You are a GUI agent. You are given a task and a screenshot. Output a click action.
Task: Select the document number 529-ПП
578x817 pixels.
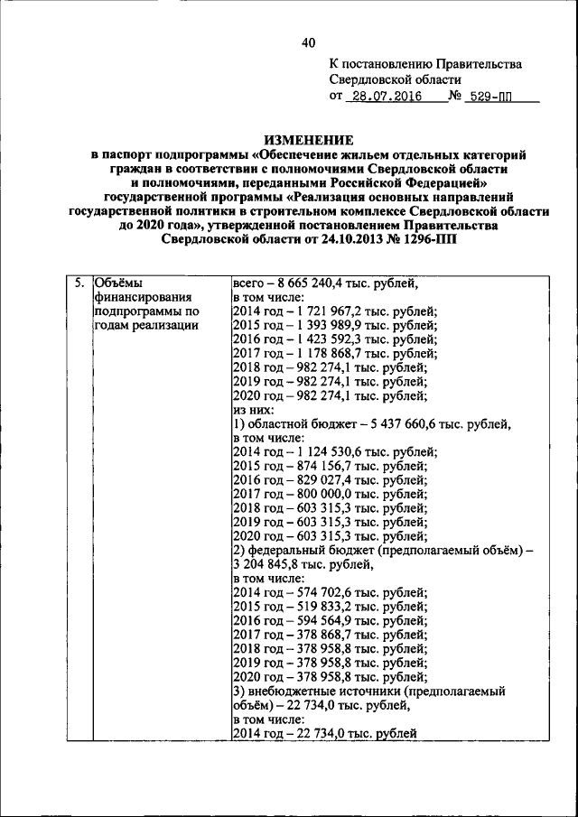point(499,98)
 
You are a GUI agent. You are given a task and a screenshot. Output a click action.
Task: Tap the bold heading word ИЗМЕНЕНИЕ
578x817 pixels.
point(309,140)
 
